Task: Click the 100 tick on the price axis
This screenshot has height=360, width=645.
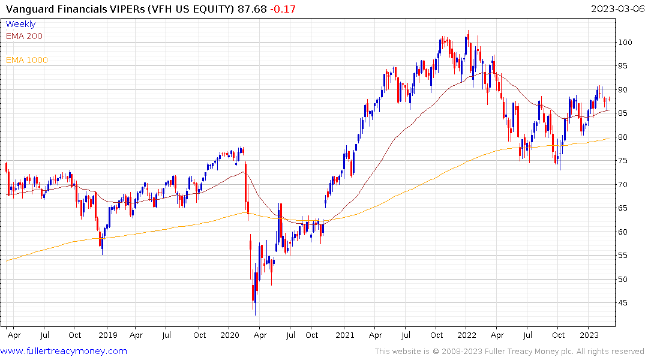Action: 627,43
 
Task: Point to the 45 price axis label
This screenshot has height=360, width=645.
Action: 625,303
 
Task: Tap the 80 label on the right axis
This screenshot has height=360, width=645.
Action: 625,137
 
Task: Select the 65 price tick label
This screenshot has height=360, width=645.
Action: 625,208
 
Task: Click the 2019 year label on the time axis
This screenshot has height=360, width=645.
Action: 107,335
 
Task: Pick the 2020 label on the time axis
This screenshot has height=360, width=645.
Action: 230,335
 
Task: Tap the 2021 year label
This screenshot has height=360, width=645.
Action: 344,335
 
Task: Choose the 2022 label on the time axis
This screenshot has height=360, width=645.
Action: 467,335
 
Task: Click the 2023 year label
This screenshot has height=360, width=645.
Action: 589,335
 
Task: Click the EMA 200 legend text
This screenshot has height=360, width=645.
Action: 24,36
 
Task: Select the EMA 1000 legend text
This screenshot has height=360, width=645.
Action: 27,60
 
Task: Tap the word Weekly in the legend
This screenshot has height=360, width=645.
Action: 20,25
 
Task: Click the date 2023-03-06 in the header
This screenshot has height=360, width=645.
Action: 616,9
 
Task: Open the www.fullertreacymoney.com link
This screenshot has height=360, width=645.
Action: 64,351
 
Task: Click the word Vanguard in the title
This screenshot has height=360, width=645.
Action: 28,9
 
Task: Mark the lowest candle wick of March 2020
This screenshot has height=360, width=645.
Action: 255,314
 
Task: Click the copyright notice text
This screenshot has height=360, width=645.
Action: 509,351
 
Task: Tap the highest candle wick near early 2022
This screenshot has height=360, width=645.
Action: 468,31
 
